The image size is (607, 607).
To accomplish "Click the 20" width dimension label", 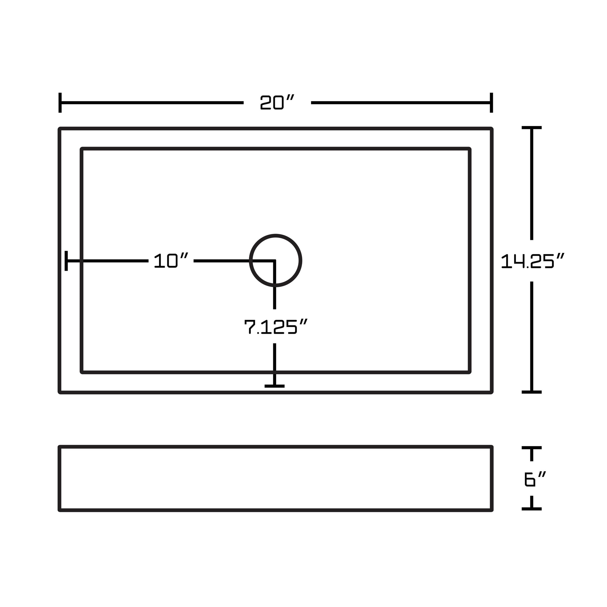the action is coord(277,102).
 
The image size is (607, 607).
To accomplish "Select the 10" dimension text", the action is coord(171,260).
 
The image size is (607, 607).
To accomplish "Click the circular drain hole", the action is coord(275,260).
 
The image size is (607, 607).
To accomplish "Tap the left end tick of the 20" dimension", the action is coord(60,103).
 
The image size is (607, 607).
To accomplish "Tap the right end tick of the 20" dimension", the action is coord(491,103).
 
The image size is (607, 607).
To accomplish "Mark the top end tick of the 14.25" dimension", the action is coord(532,128).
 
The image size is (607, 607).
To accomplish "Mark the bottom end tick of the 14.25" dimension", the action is coord(532,392).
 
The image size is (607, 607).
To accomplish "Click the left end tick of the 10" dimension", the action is coord(66,261).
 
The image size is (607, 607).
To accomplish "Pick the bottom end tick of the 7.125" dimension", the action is coord(274,386).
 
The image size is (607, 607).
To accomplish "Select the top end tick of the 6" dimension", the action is coord(532,448).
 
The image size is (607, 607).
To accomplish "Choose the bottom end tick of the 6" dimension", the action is coord(532,509).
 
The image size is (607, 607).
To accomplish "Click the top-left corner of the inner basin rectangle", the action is coord(82,148).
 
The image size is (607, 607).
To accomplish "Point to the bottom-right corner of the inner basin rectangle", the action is coord(470,372).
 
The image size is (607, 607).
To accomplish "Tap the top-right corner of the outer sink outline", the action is coord(492,129).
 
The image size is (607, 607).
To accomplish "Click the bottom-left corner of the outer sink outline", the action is coord(60,392).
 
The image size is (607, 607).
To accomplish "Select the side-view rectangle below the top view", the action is coord(275,478).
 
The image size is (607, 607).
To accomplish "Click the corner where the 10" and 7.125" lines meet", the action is coord(274,261).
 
